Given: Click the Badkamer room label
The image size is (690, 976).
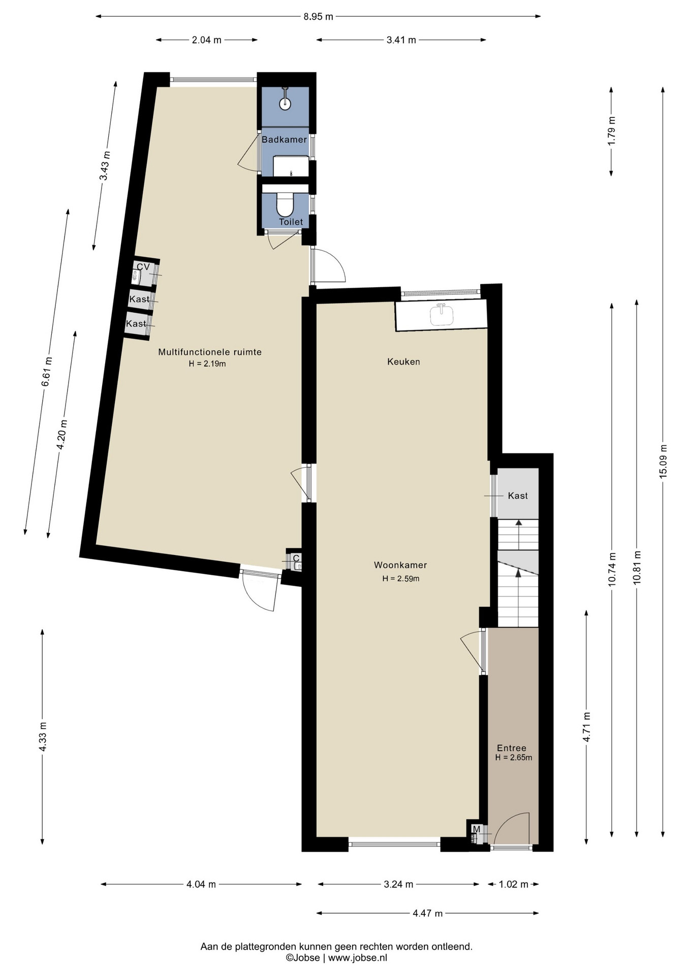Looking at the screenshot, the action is pyautogui.click(x=284, y=139).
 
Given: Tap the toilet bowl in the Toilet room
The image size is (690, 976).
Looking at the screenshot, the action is pyautogui.click(x=285, y=205).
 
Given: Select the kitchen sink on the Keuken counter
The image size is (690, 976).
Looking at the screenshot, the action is pyautogui.click(x=442, y=315).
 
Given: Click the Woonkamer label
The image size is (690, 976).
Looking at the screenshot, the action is pyautogui.click(x=400, y=565).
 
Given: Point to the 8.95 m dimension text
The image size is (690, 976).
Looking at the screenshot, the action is pyautogui.click(x=319, y=16).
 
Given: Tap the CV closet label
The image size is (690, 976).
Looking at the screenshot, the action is pyautogui.click(x=143, y=266).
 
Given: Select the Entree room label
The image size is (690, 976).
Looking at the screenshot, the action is pyautogui.click(x=512, y=748).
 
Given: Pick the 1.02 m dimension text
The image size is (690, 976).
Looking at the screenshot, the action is pyautogui.click(x=514, y=884).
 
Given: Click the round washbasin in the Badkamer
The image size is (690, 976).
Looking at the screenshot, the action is pyautogui.click(x=285, y=104).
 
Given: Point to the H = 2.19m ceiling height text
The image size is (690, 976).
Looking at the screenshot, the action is pyautogui.click(x=207, y=363).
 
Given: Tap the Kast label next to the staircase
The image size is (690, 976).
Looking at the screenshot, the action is pyautogui.click(x=518, y=496).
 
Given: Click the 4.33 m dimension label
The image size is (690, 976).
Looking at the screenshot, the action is pyautogui.click(x=43, y=737).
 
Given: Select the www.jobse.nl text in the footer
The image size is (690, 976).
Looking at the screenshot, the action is pyautogui.click(x=358, y=957).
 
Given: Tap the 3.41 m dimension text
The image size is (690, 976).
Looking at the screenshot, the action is pyautogui.click(x=401, y=40).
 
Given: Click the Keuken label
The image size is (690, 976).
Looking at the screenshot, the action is pyautogui.click(x=403, y=361).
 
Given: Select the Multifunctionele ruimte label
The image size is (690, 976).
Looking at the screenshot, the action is pyautogui.click(x=210, y=352).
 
